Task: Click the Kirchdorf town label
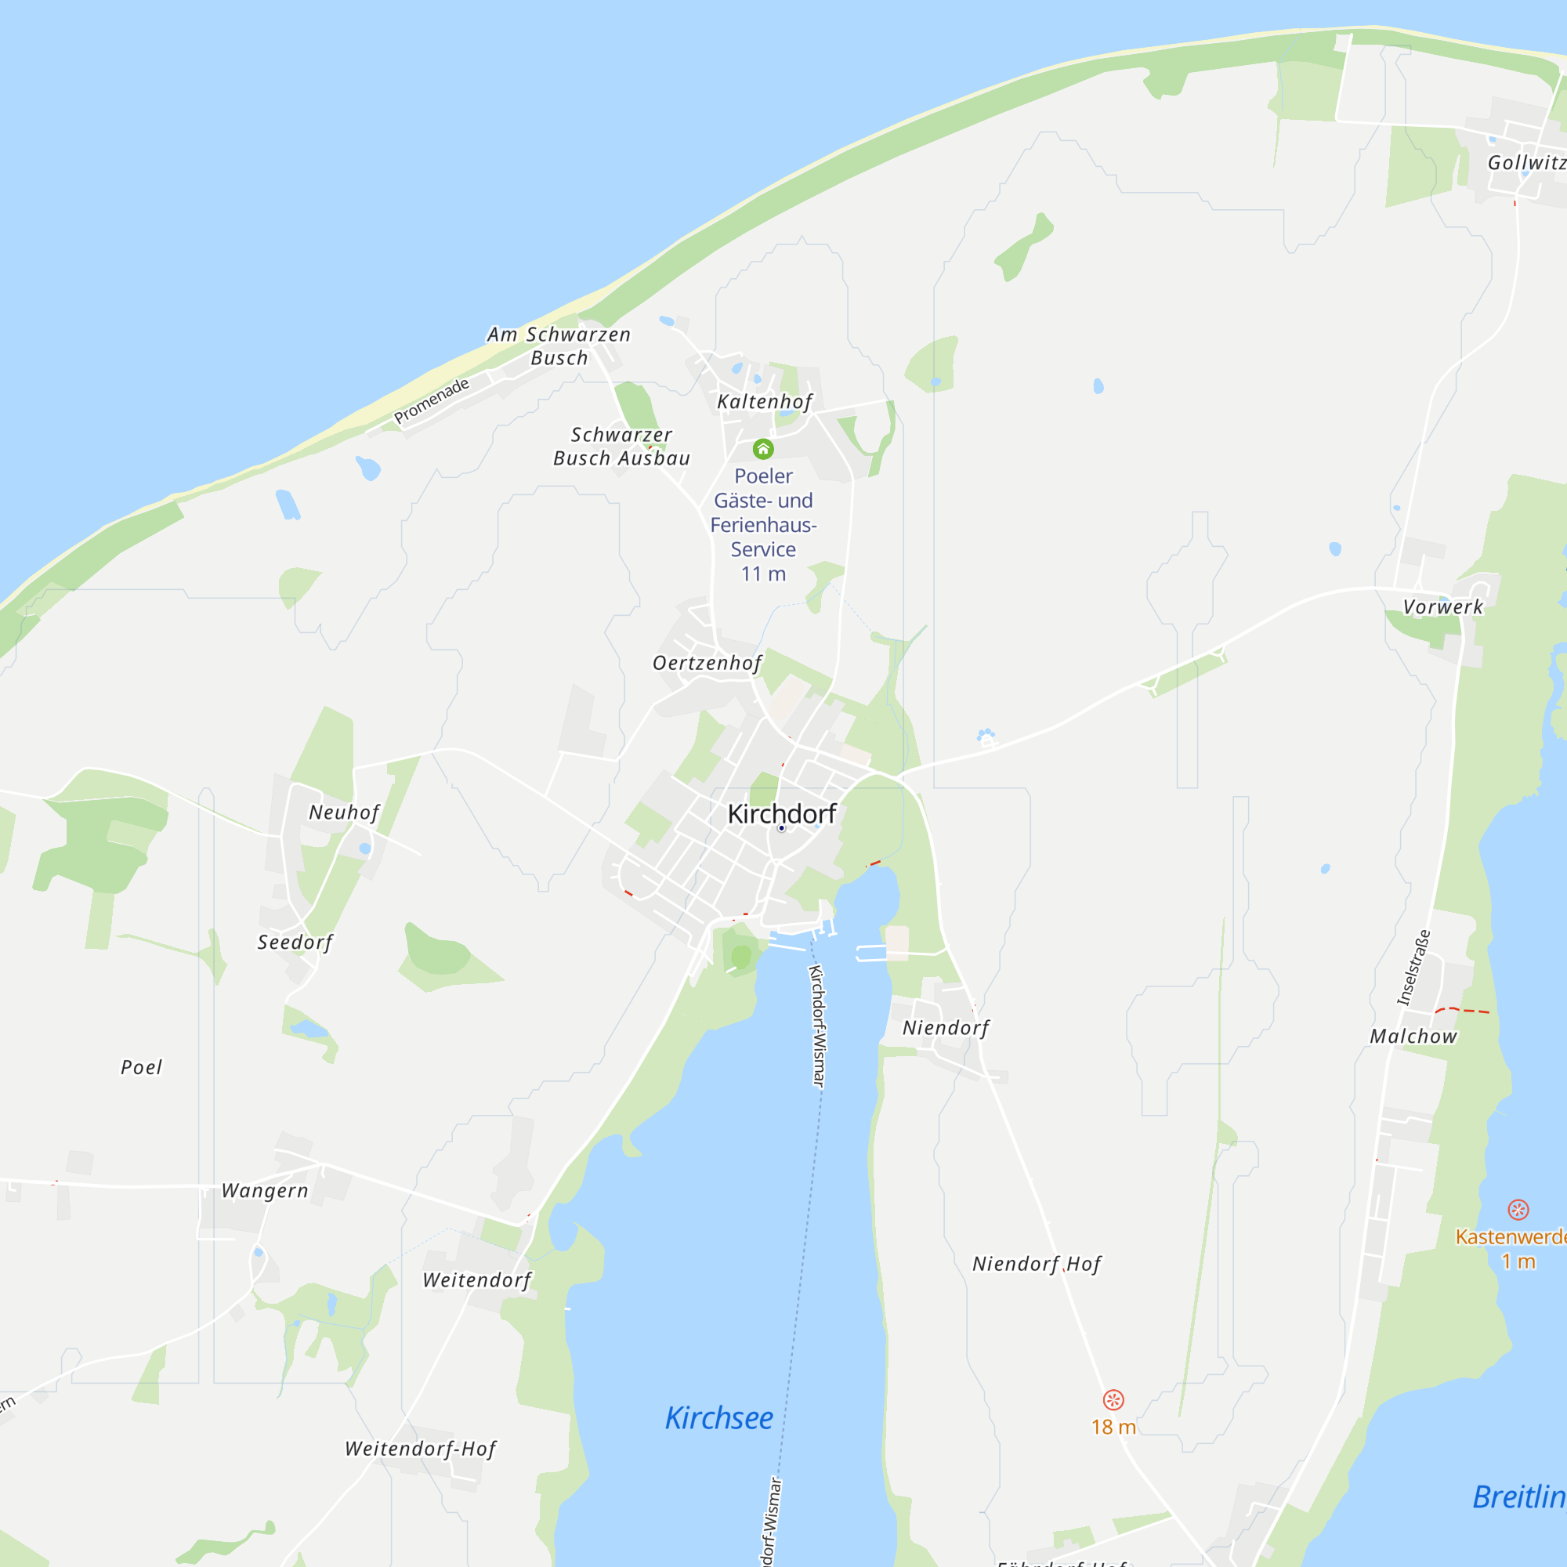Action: pyautogui.click(x=781, y=813)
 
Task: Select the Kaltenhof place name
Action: pyautogui.click(x=764, y=401)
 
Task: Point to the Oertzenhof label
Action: pyautogui.click(x=707, y=663)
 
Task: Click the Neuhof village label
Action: pyautogui.click(x=344, y=812)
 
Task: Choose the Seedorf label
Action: pyautogui.click(x=295, y=942)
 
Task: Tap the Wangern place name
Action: pyautogui.click(x=266, y=1190)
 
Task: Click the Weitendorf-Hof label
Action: pyautogui.click(x=420, y=1448)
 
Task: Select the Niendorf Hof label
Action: pyautogui.click(x=1037, y=1263)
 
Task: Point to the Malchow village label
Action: pyautogui.click(x=1413, y=1036)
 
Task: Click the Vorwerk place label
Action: pyautogui.click(x=1443, y=606)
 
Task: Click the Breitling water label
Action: pyautogui.click(x=1518, y=1496)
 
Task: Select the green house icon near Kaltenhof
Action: pyautogui.click(x=763, y=448)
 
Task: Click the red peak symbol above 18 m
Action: pyautogui.click(x=1113, y=1399)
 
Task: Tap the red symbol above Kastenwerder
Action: pyautogui.click(x=1518, y=1209)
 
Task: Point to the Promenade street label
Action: pyautogui.click(x=432, y=400)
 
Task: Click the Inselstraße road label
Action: pyautogui.click(x=1413, y=968)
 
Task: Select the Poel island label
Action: pyautogui.click(x=141, y=1066)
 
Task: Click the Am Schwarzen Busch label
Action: pyautogui.click(x=559, y=346)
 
